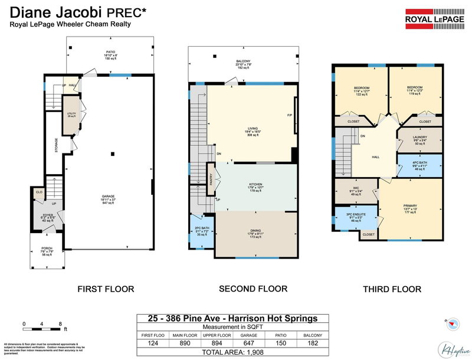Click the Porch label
click(47, 250)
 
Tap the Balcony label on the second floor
click(243, 64)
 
